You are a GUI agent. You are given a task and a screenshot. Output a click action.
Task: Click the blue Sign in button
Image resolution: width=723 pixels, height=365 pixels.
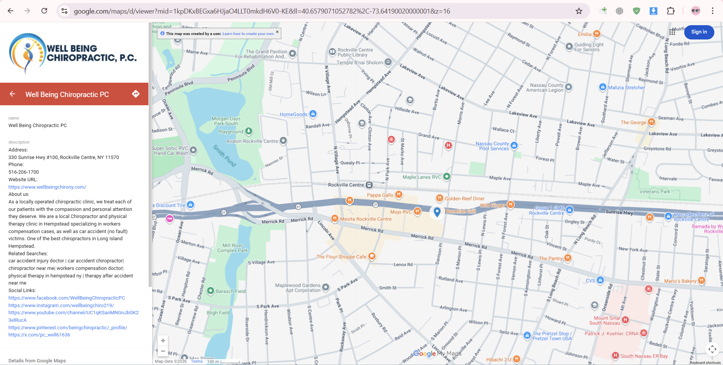click(x=699, y=32)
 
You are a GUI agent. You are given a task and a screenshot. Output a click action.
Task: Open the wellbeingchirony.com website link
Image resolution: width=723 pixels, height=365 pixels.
click(x=47, y=187)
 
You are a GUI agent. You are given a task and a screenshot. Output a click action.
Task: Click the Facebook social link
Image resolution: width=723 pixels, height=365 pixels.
click(x=67, y=298)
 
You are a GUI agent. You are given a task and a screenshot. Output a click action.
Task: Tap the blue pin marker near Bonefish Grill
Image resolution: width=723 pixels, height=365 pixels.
click(x=437, y=212)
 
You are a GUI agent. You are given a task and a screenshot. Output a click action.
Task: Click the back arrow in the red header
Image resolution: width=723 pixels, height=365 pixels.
click(x=12, y=94)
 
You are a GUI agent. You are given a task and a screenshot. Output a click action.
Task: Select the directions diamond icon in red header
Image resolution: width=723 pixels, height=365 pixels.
click(x=136, y=94)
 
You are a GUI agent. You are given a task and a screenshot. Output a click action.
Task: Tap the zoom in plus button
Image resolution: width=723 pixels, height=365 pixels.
click(x=163, y=341)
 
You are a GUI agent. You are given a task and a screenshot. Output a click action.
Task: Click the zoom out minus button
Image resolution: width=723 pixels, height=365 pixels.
click(x=163, y=351)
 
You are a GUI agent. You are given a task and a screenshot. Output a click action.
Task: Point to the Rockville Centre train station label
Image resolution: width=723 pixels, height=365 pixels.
click(x=346, y=185)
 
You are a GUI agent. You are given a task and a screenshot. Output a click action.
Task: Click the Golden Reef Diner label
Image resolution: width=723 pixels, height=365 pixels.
click(x=465, y=198)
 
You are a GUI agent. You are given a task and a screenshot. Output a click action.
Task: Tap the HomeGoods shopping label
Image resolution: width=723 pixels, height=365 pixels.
click(x=293, y=114)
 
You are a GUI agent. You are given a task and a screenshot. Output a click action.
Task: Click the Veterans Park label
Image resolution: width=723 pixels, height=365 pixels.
click(x=654, y=192)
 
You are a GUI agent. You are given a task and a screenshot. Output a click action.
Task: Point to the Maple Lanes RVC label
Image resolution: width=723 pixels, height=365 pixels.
click(x=422, y=177)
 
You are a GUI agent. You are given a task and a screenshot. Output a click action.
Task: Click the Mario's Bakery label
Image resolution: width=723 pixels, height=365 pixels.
click(x=680, y=281)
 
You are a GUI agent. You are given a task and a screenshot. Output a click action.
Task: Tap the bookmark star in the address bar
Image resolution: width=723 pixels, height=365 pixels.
click(x=579, y=11)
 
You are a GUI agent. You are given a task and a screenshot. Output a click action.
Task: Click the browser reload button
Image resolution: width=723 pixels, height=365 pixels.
click(x=44, y=11)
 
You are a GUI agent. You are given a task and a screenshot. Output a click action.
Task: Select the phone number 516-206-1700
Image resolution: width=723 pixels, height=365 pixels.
click(x=24, y=172)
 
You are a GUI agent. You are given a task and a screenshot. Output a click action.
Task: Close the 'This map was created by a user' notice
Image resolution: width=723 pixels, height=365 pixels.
click(x=277, y=32)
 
